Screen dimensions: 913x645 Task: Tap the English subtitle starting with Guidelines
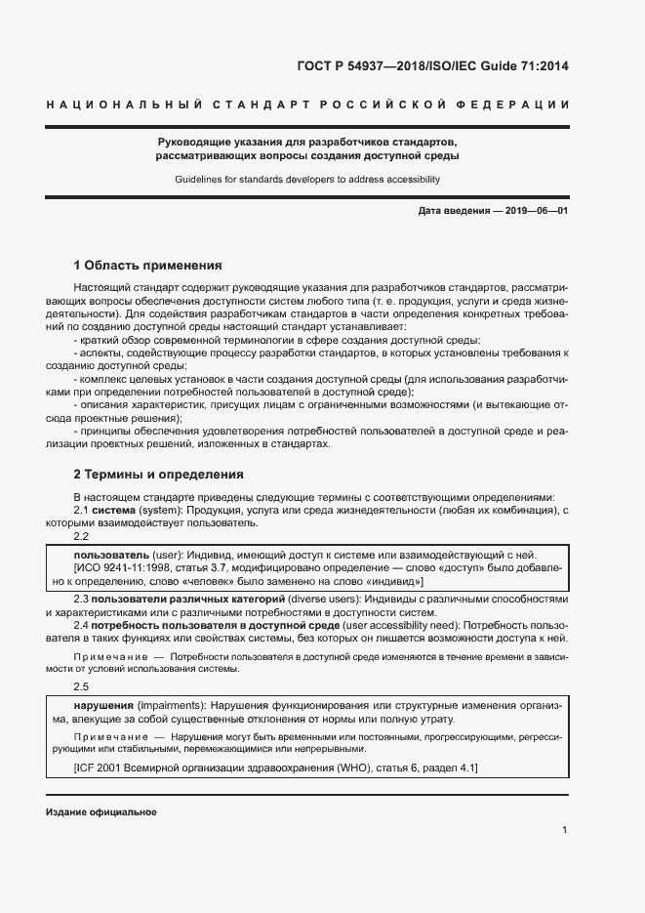(x=322, y=180)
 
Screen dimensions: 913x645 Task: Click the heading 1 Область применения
(x=148, y=265)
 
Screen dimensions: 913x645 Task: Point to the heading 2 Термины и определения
(x=159, y=475)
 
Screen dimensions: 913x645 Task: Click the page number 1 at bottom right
(x=565, y=830)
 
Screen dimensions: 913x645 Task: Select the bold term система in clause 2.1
(x=114, y=511)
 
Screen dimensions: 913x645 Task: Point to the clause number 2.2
(x=82, y=536)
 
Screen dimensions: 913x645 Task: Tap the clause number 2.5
(x=82, y=687)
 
